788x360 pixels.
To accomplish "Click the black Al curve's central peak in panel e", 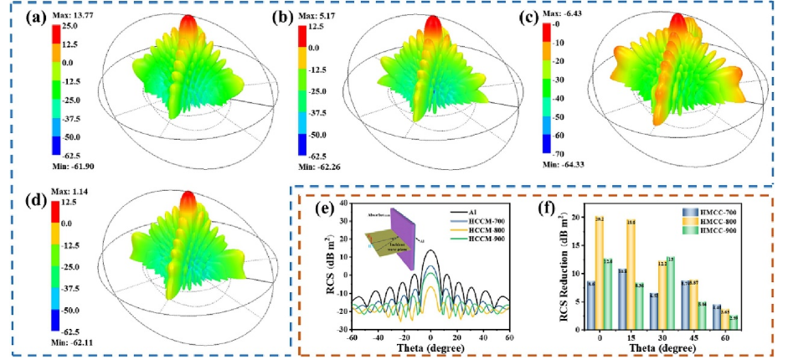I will pyautogui.click(x=430, y=251).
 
